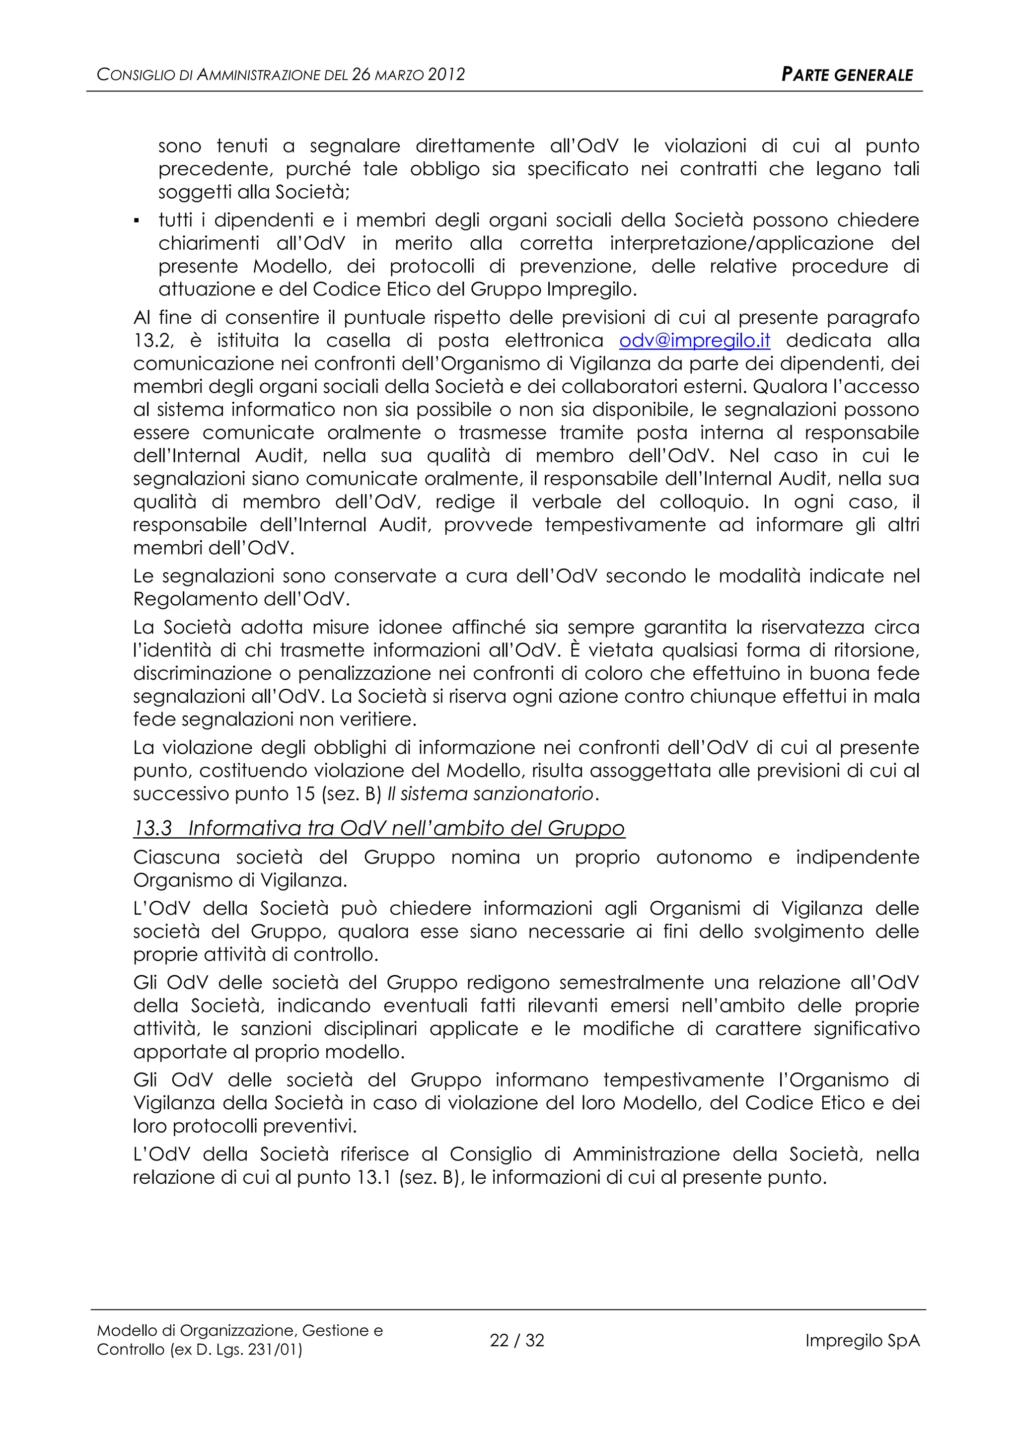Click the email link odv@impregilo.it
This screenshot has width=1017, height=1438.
click(x=695, y=341)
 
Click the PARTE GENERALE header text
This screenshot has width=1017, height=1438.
click(x=847, y=75)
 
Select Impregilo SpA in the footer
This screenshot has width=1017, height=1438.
click(x=863, y=1340)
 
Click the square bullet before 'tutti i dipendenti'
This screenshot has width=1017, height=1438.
click(x=137, y=221)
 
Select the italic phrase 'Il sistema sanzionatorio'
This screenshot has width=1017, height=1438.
click(x=490, y=793)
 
